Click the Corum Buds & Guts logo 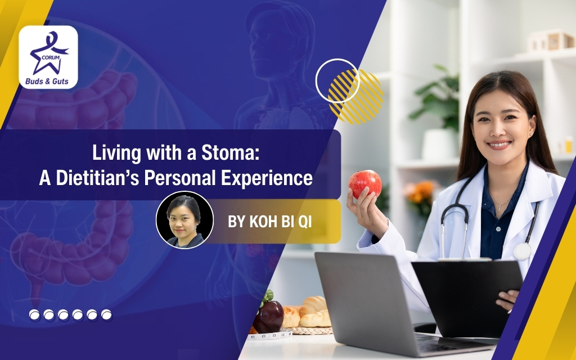(x=48, y=57)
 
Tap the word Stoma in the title (x=231, y=152)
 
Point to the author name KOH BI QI (x=269, y=222)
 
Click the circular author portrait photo (x=184, y=220)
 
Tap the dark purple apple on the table (x=268, y=316)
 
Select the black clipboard (x=466, y=298)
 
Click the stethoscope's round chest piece (x=522, y=251)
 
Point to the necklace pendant (x=499, y=208)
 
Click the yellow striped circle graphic (x=355, y=96)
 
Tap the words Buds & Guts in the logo (x=47, y=81)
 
